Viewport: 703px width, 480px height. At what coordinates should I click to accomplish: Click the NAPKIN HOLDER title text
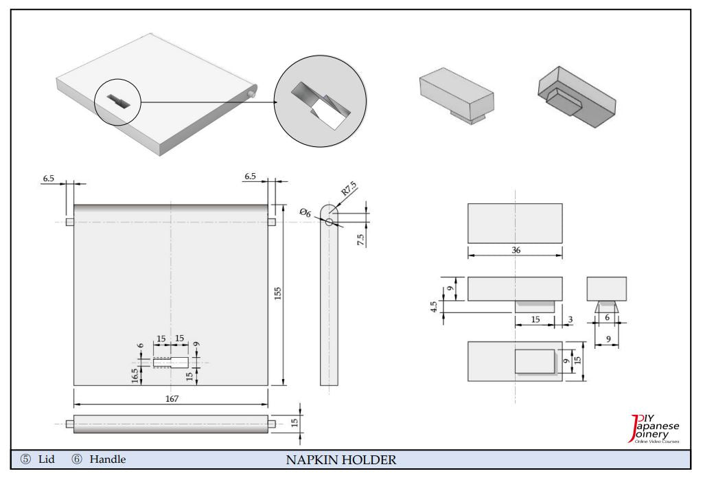341,459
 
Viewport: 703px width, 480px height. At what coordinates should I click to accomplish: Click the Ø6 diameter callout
306,214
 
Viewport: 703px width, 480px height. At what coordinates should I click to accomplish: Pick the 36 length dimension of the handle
516,250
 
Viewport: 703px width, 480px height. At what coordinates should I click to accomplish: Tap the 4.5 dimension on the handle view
434,305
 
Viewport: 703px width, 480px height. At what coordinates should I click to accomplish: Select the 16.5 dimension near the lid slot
135,374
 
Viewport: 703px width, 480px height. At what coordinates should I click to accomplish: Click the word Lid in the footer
46,459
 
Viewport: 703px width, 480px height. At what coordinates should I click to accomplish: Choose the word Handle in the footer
108,459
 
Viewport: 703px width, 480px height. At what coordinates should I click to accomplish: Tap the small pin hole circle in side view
330,222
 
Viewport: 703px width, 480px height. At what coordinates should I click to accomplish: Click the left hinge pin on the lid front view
70,222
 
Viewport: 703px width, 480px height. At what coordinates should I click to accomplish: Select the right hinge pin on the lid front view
272,222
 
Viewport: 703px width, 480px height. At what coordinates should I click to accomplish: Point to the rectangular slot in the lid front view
171,363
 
